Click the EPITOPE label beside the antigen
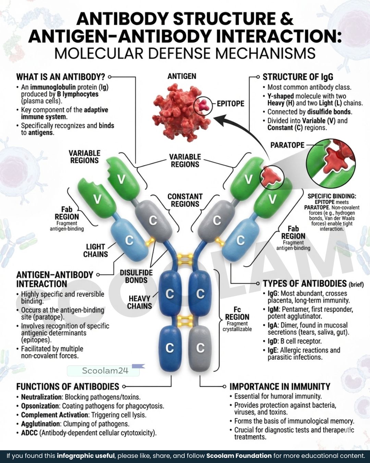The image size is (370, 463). (230, 104)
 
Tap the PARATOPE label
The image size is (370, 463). (287, 145)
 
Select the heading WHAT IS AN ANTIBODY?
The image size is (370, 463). (61, 77)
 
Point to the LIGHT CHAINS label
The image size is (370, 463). (96, 250)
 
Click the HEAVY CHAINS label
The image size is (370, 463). (139, 302)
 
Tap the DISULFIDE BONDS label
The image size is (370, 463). (136, 276)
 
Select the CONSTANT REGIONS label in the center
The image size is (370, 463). (185, 200)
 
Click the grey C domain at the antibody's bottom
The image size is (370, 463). (200, 348)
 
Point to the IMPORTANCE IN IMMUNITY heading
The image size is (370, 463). (280, 387)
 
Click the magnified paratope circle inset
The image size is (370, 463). (331, 163)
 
